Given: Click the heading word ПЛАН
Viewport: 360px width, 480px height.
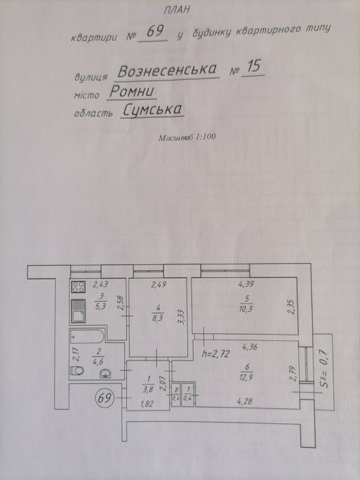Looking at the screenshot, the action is tap(177, 10).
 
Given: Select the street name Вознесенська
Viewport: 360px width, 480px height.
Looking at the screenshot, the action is tap(167, 70).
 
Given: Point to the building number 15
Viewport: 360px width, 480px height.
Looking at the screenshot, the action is tap(253, 67).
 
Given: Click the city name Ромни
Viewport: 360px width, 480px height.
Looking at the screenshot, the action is tap(132, 91).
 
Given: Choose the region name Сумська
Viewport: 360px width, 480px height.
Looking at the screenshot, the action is tap(152, 110).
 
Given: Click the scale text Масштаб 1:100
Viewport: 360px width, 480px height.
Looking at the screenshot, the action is tap(187, 137).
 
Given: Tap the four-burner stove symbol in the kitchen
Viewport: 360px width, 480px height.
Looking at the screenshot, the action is tap(78, 287).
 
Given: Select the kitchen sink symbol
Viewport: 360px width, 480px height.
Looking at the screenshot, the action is tap(78, 311).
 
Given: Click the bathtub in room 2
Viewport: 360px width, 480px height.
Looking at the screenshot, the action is tap(87, 337).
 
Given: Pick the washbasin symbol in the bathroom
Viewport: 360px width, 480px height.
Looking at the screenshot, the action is tap(105, 373).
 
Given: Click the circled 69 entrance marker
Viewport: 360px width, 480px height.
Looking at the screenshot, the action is tap(105, 398).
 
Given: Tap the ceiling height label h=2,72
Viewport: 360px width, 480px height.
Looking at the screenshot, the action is tap(216, 354).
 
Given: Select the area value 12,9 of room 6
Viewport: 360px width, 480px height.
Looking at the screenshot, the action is tap(247, 377).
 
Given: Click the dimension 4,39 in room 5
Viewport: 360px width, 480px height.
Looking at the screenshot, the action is tap(246, 284).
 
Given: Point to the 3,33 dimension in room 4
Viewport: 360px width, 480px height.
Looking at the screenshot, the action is tap(181, 317).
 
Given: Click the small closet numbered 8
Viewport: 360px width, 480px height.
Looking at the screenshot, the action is tap(176, 394).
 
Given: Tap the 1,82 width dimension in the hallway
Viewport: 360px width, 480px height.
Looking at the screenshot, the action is tap(147, 404).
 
